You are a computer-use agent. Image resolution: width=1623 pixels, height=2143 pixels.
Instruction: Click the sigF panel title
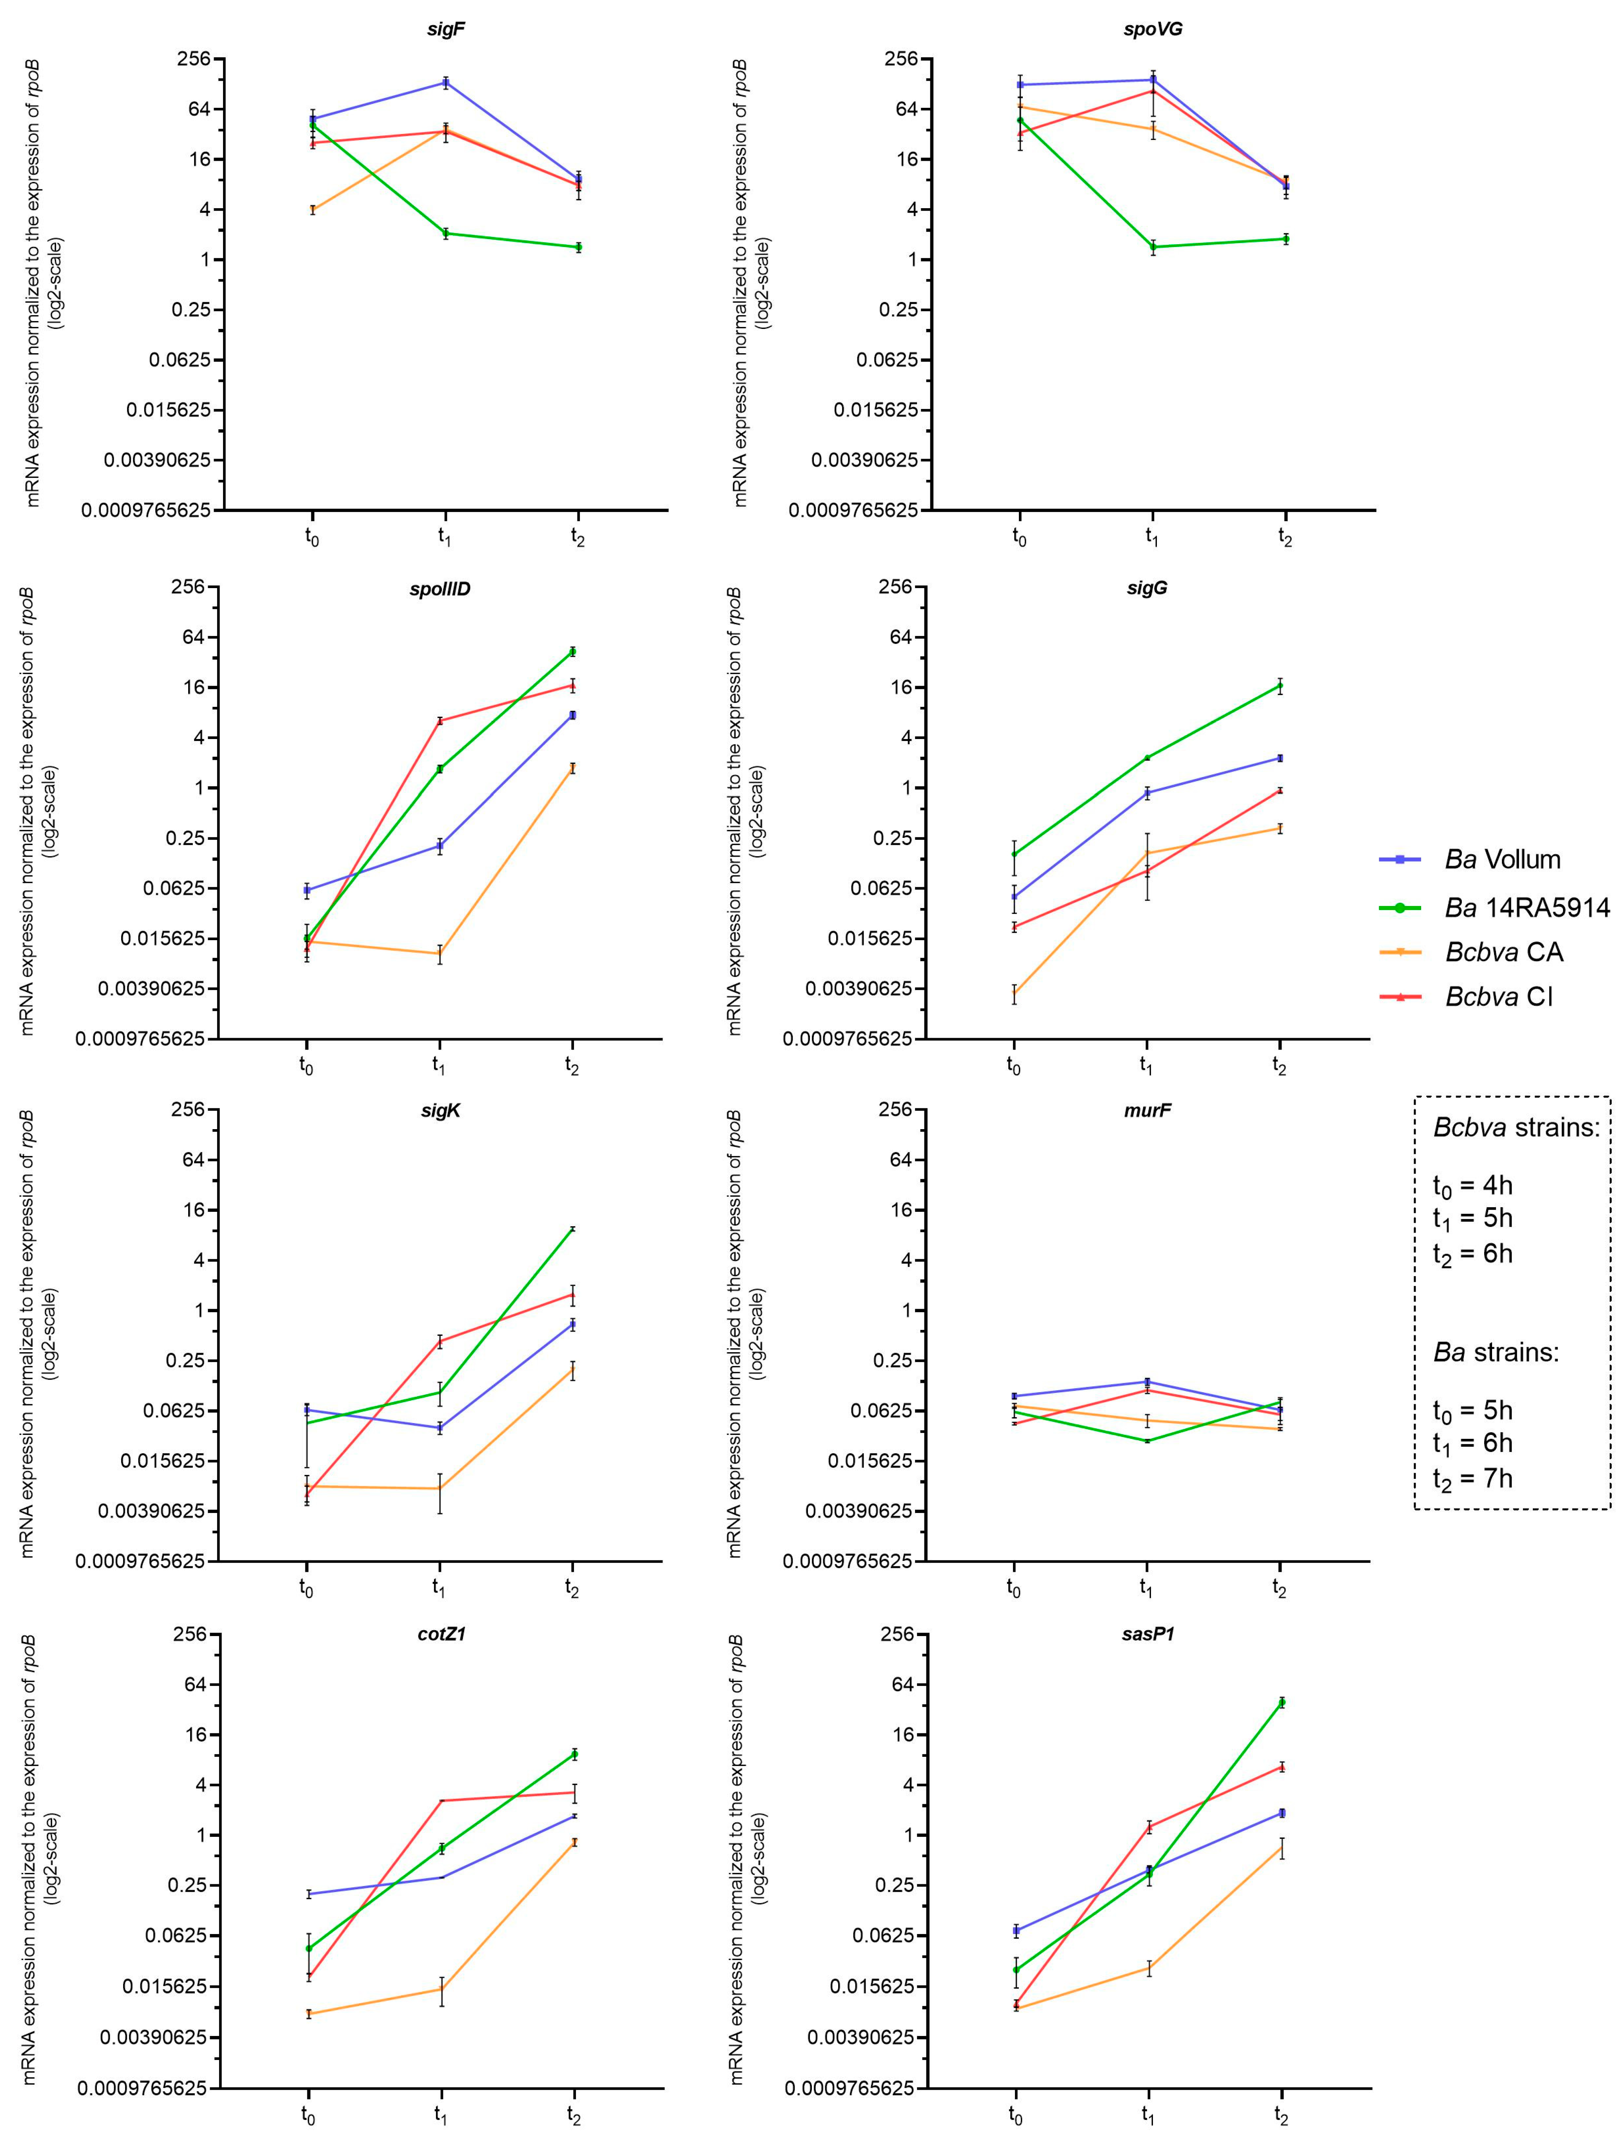(x=446, y=29)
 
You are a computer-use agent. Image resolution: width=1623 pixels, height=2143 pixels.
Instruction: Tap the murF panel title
(x=1147, y=1110)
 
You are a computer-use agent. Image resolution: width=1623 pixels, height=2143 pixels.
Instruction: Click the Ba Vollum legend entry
(x=1502, y=859)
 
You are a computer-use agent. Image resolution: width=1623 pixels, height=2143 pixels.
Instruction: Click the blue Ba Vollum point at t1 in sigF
(x=445, y=82)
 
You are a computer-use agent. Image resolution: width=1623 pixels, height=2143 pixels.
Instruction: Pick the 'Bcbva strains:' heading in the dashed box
(x=1516, y=1128)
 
